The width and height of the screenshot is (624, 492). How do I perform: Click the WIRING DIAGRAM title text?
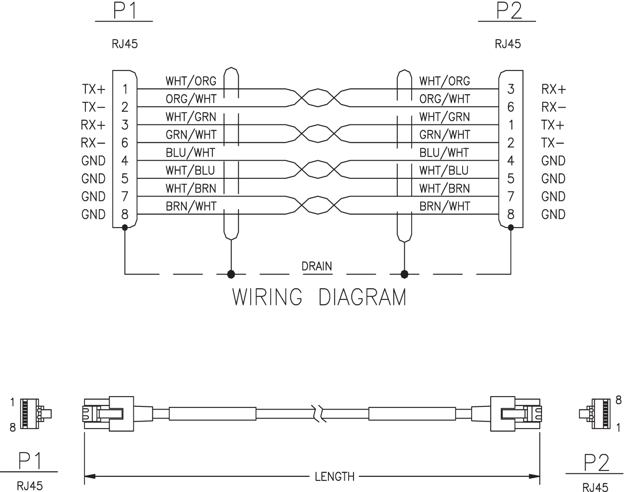point(319,297)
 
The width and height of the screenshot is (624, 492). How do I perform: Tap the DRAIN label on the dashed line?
point(317,266)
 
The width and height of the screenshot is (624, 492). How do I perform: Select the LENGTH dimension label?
point(334,477)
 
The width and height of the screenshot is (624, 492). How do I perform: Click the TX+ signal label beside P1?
point(94,89)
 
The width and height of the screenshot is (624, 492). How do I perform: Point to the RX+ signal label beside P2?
point(553,89)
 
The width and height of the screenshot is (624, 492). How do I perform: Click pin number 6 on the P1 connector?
point(125,143)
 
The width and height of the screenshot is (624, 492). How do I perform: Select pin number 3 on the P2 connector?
point(511,89)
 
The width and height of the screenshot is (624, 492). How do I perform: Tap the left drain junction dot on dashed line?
point(231,274)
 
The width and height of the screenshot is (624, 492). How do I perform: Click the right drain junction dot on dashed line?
point(404,274)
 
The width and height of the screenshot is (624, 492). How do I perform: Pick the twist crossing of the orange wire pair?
point(318,98)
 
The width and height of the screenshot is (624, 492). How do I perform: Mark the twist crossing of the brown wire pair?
point(318,205)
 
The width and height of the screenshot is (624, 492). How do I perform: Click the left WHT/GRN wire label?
point(191,117)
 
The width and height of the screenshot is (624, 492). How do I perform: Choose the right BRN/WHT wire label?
point(444,206)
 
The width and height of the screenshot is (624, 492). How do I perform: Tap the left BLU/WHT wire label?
point(190,153)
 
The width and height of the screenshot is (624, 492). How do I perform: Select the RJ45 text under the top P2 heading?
point(508,44)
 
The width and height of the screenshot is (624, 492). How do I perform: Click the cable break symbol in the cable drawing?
point(318,414)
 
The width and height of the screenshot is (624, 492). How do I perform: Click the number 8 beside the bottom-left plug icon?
point(13,428)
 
